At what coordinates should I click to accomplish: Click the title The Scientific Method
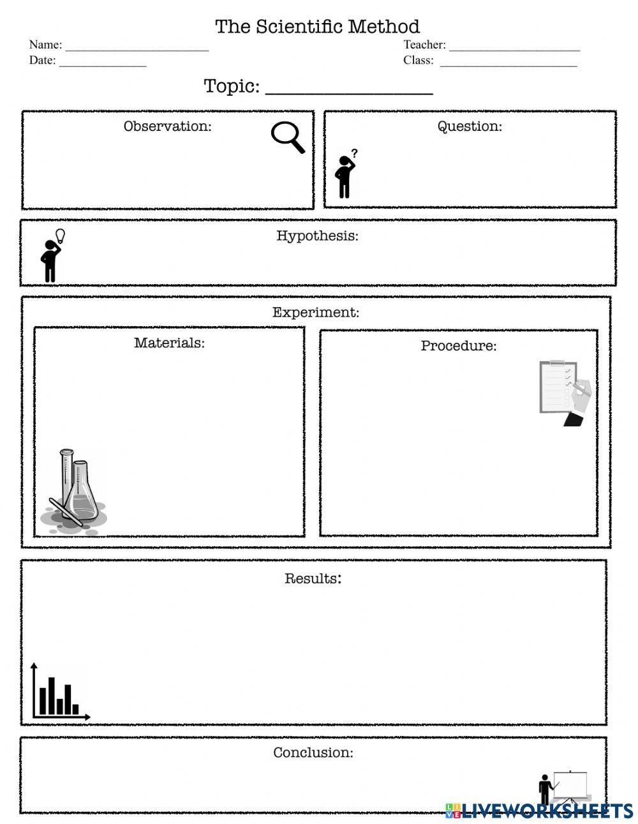(x=317, y=27)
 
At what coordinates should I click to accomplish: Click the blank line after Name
(x=137, y=47)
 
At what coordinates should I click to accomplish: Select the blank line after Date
(x=103, y=63)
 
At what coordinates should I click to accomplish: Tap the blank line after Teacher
(x=514, y=47)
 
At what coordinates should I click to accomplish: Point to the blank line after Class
(x=508, y=63)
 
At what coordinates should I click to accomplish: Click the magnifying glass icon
(x=288, y=137)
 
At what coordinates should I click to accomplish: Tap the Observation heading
(x=167, y=126)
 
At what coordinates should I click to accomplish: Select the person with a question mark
(x=346, y=174)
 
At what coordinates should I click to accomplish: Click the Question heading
(x=470, y=126)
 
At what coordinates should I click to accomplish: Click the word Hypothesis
(x=317, y=236)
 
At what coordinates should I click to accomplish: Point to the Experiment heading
(x=316, y=313)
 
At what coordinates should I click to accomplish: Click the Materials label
(x=169, y=343)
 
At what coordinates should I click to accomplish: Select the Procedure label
(x=458, y=346)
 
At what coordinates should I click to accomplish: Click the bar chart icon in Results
(x=59, y=693)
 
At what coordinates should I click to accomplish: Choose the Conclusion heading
(x=313, y=753)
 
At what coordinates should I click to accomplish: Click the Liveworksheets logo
(x=539, y=811)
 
